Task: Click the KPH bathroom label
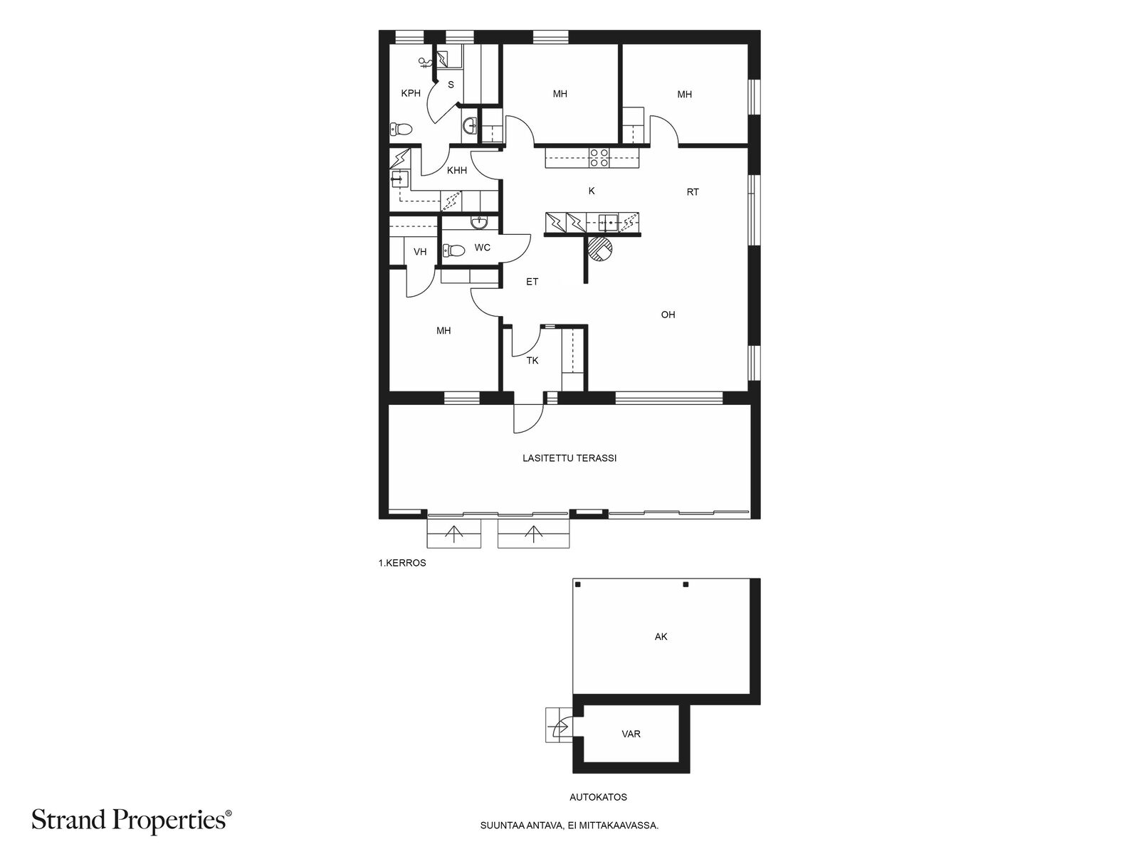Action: click(411, 93)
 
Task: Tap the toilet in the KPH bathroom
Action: click(401, 129)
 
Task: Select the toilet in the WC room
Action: click(453, 251)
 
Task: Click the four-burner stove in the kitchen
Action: click(599, 157)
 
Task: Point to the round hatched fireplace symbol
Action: click(601, 249)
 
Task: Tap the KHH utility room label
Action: click(456, 170)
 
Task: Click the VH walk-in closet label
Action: click(420, 252)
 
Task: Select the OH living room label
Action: click(668, 315)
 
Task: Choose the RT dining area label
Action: click(692, 192)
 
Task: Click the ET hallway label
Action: click(532, 282)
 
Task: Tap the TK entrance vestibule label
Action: click(532, 361)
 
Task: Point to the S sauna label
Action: click(451, 85)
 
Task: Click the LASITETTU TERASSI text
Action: click(569, 458)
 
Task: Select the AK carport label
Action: click(661, 637)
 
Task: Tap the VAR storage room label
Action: click(631, 734)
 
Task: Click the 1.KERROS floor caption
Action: click(401, 563)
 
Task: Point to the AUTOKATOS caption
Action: click(598, 798)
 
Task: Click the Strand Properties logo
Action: click(131, 820)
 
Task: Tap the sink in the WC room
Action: click(478, 223)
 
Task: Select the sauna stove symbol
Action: click(443, 59)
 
